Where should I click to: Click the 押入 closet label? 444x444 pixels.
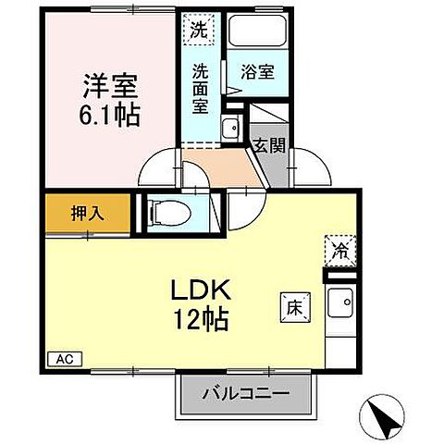87,213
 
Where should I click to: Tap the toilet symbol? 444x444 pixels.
169,213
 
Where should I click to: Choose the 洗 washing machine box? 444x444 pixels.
198,29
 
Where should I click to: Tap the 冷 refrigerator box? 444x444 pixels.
338,250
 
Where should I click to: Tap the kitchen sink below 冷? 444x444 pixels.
343,302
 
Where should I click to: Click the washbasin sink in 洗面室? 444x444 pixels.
229,129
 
